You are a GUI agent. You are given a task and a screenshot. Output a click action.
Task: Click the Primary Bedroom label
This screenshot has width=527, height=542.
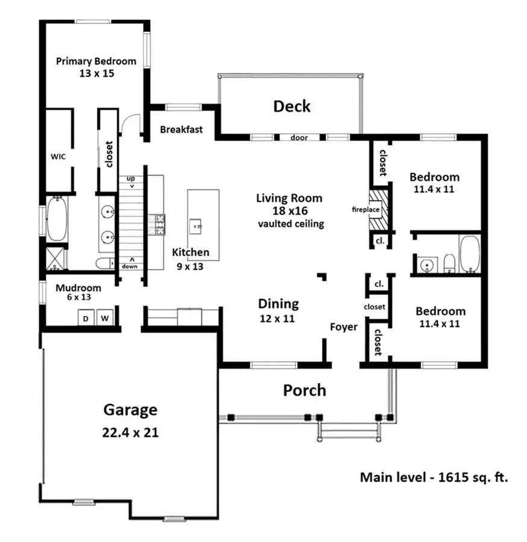point(96,61)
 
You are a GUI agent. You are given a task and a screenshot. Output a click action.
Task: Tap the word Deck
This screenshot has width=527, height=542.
point(292,106)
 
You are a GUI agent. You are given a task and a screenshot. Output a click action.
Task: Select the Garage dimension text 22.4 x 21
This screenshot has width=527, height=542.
point(131,432)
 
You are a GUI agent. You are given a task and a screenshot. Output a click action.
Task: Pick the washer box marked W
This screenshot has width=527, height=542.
point(104,317)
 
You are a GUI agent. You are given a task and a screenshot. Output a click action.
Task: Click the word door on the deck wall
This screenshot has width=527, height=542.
point(299,137)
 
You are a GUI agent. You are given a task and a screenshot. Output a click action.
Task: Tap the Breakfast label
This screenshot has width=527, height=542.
point(181,129)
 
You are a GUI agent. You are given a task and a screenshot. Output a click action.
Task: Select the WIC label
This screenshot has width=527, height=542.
point(58,156)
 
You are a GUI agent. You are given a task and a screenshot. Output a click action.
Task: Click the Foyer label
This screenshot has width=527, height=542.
point(343,327)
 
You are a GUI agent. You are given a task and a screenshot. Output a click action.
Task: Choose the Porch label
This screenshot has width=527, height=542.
point(305,390)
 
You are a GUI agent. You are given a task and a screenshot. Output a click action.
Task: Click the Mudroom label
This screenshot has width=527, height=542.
point(78,288)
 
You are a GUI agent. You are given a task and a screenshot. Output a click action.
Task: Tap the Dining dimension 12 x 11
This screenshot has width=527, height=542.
point(277,318)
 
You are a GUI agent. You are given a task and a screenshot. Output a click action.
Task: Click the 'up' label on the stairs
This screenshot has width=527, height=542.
point(130,179)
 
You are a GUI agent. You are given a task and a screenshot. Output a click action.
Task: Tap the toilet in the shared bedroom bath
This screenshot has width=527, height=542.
point(449,263)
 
